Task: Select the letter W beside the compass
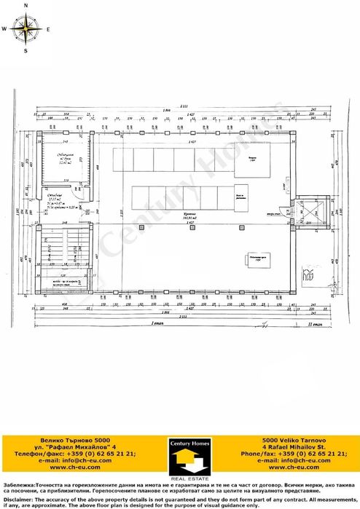point(4,30)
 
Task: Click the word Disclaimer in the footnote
point(18,500)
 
